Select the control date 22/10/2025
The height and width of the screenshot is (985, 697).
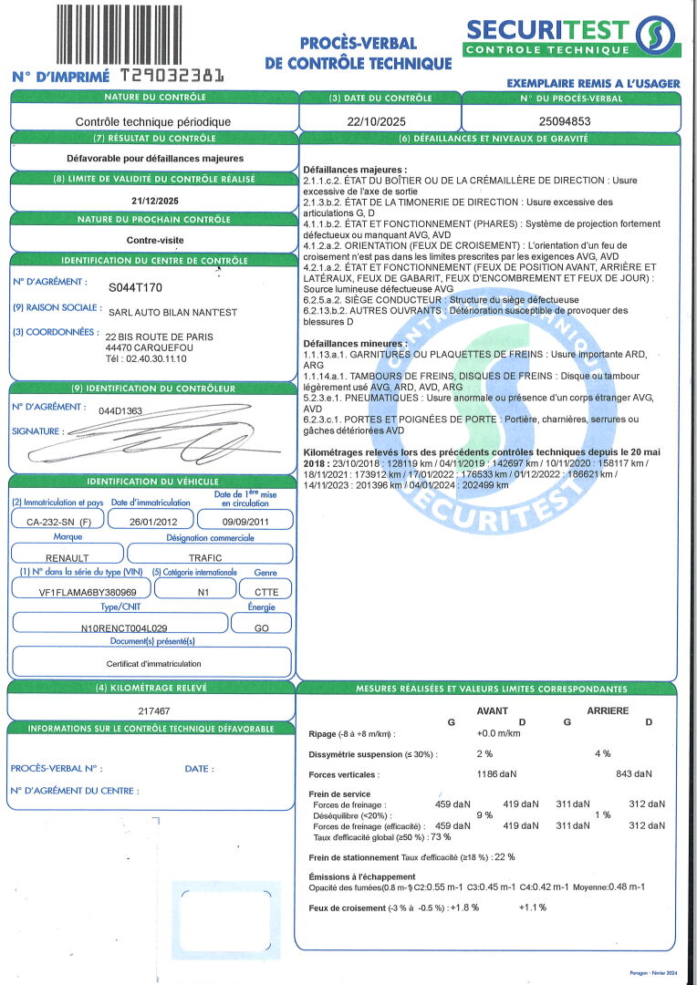(380, 119)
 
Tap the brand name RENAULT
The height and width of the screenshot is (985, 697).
(67, 555)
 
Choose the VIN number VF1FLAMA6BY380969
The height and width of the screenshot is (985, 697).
(79, 590)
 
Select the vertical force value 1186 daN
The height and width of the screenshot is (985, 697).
(496, 774)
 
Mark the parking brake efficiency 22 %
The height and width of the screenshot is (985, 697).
(505, 856)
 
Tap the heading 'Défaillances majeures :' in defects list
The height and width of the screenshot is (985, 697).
(355, 170)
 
